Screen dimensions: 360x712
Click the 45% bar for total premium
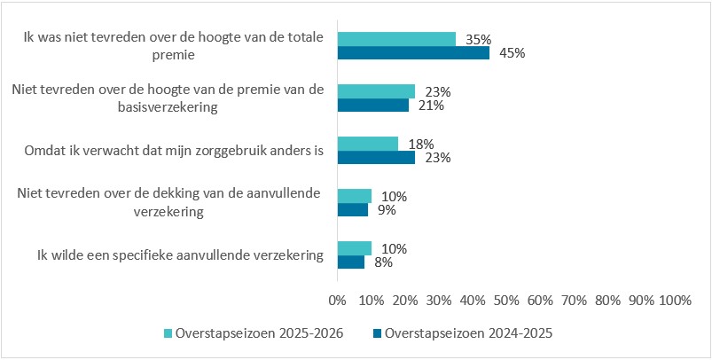pos(413,53)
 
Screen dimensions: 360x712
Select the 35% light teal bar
pos(396,39)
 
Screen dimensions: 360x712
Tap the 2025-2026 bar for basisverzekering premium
pos(376,91)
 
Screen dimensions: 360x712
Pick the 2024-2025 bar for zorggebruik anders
pos(376,158)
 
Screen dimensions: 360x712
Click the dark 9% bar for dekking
pos(352,210)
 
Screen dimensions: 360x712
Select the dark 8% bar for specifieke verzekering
pos(350,262)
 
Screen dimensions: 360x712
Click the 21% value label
pos(431,106)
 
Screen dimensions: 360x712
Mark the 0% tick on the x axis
pos(337,301)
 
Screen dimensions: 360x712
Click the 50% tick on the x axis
pos(505,301)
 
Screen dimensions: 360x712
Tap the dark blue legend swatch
pos(377,333)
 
